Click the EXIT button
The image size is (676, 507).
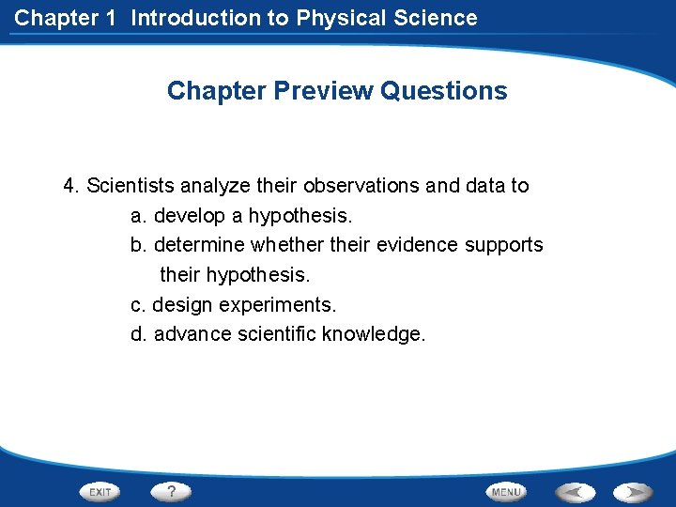tap(100, 492)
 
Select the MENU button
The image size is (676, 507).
tap(506, 492)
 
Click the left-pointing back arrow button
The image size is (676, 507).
tap(576, 492)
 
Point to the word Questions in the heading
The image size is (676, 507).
tap(444, 91)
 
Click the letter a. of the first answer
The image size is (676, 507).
tap(139, 216)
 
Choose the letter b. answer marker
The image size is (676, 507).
tap(139, 245)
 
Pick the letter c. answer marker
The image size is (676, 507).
tap(138, 305)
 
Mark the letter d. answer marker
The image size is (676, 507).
tap(139, 334)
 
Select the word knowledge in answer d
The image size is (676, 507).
tap(373, 334)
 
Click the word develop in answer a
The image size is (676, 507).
tap(191, 216)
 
